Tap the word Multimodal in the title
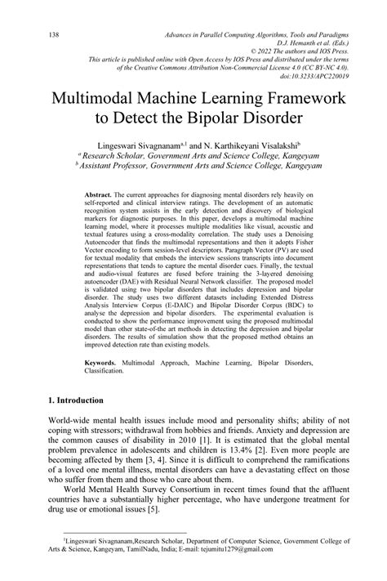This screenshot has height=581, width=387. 105,99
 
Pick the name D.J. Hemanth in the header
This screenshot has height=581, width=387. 305,42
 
